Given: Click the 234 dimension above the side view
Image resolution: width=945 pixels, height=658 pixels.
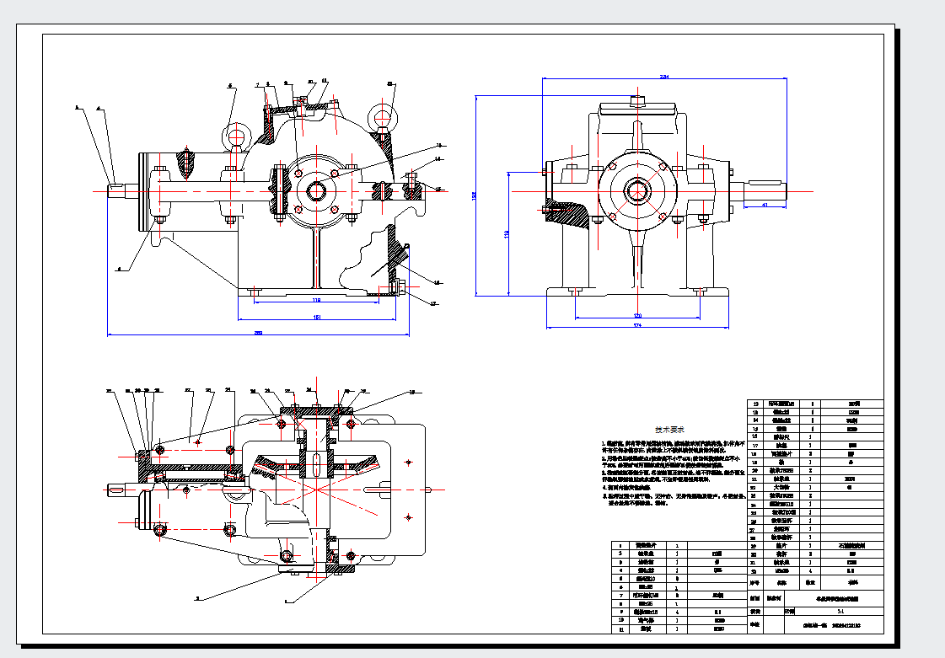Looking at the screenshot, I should [664, 77].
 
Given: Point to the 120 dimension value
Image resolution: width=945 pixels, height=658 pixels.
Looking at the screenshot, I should [637, 315].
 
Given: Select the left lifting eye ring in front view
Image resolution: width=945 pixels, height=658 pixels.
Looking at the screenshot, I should [235, 135].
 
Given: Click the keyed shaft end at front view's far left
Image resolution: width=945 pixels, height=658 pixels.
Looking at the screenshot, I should [119, 190].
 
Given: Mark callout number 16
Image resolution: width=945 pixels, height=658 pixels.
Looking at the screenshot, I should [437, 282].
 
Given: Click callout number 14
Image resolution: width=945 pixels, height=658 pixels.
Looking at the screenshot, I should [438, 158].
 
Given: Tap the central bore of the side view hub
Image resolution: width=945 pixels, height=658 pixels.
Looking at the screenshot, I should [638, 190].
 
